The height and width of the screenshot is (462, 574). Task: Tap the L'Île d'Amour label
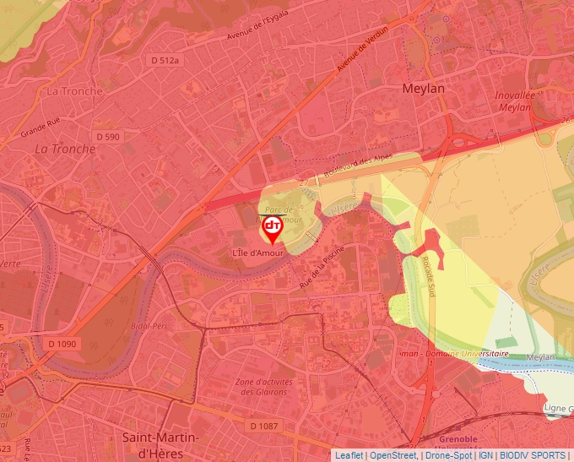[x=258, y=253]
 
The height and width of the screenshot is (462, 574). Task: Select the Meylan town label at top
[x=423, y=88]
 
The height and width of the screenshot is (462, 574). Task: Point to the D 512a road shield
[x=165, y=60]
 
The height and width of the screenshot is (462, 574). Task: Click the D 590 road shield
[x=108, y=136]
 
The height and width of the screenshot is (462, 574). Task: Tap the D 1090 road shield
[x=62, y=344]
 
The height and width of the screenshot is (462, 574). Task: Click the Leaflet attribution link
[x=349, y=455]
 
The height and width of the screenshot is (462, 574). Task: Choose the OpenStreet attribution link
[x=393, y=455]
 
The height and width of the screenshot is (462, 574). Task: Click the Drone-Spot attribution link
[x=447, y=455]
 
